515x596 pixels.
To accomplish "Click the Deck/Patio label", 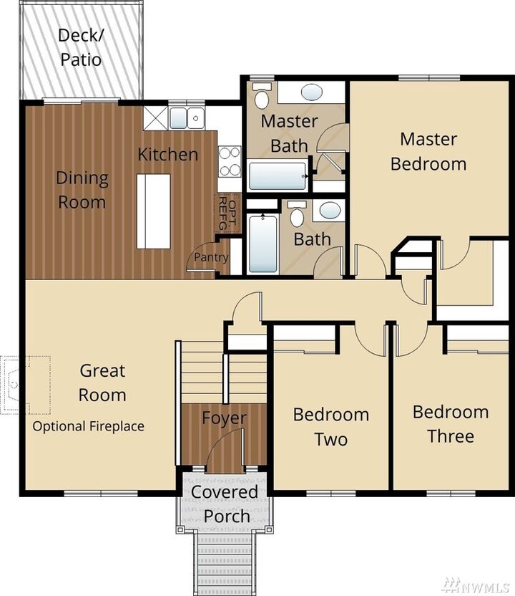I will (x=80, y=47).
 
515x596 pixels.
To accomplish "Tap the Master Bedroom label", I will (x=428, y=151).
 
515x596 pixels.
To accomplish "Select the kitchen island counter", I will (x=154, y=211).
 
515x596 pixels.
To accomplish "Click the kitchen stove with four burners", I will (x=230, y=160).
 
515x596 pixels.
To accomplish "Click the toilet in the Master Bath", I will (x=262, y=97).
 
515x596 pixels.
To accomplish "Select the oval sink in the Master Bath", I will (x=310, y=92).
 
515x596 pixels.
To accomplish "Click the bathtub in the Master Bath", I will (x=278, y=176).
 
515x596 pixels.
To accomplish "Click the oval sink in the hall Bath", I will (x=330, y=211).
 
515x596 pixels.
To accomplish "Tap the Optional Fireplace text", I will (x=88, y=426).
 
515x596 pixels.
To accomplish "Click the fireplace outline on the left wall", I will (x=13, y=385).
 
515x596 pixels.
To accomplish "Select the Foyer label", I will (x=223, y=418).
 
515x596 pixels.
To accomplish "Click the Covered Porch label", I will (x=224, y=504).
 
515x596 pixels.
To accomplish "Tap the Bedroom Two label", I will (x=330, y=426).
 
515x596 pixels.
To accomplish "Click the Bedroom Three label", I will (x=451, y=424).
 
